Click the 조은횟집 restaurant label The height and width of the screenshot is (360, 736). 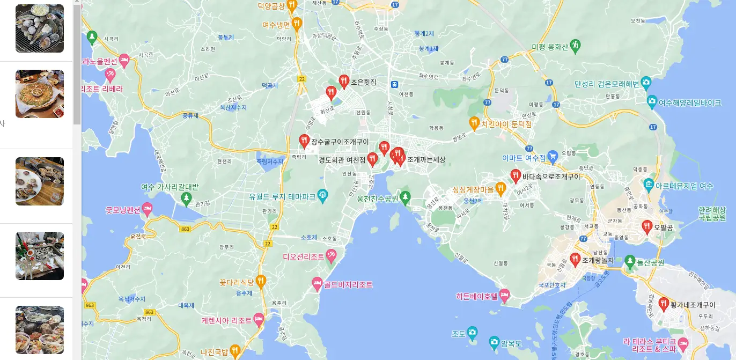364,83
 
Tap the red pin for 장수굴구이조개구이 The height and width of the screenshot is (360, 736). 304,141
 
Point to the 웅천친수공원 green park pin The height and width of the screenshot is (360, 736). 406,197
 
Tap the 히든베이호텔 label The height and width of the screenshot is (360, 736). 476,296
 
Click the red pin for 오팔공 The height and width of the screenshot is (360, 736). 647,226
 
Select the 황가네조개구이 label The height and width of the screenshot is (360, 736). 692,305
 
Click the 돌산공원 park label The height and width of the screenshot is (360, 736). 650,263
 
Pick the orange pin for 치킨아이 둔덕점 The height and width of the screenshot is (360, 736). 474,123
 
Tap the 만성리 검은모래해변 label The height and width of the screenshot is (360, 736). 607,84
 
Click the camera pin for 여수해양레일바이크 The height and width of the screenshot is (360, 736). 652,101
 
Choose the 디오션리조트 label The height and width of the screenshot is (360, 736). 304,256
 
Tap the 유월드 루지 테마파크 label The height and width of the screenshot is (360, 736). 282,196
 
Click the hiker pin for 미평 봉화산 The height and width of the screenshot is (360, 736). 575,45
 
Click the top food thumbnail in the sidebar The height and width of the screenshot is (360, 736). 40,28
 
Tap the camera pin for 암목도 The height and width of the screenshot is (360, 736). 494,342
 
